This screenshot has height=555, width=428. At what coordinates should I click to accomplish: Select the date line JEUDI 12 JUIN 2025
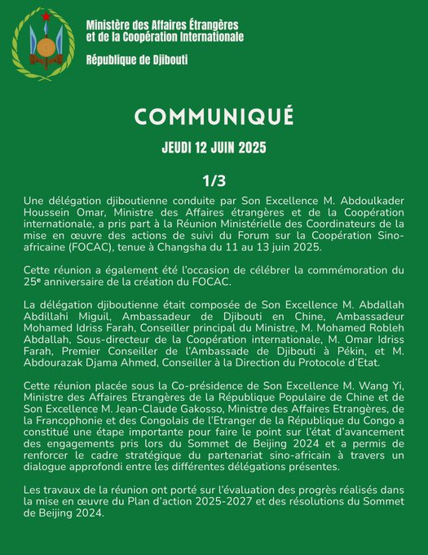point(214,150)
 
